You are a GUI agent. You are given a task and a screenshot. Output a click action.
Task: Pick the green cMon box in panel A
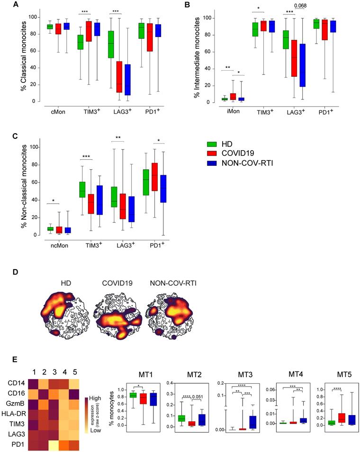point(50,27)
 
